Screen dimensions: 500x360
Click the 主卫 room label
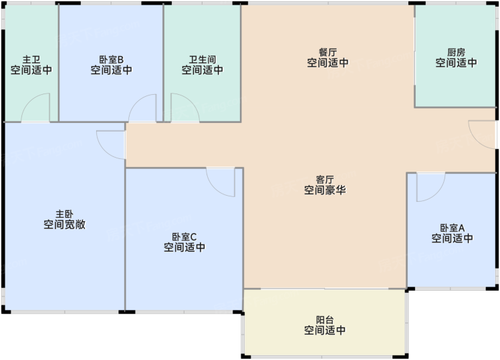pyautogui.click(x=31, y=59)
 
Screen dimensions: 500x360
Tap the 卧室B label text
pyautogui.click(x=111, y=59)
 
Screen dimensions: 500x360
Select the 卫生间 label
pyautogui.click(x=203, y=59)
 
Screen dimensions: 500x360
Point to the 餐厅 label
pyautogui.click(x=328, y=52)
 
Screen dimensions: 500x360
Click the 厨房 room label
pyautogui.click(x=457, y=52)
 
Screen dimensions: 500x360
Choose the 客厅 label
pyautogui.click(x=325, y=180)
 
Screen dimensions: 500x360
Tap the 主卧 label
pyautogui.click(x=64, y=214)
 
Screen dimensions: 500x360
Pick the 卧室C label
pyautogui.click(x=184, y=236)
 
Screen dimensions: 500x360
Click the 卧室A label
pyautogui.click(x=452, y=228)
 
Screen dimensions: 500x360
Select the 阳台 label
pyautogui.click(x=325, y=319)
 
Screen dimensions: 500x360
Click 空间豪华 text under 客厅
pyautogui.click(x=325, y=190)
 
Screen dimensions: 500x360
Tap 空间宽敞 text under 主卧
pyautogui.click(x=64, y=224)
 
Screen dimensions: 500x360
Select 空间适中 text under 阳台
pyautogui.click(x=325, y=330)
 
